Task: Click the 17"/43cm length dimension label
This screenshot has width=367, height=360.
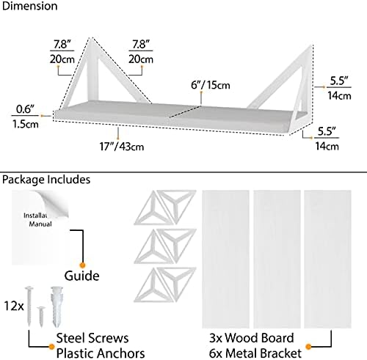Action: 122,147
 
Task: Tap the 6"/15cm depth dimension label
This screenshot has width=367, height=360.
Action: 211,85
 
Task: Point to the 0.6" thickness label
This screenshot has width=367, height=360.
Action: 25,109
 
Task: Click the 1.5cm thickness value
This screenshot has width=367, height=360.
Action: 26,124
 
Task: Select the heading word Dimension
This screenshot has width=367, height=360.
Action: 29,6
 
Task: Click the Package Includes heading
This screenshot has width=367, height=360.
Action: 46,180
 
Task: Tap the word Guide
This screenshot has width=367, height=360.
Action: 81,276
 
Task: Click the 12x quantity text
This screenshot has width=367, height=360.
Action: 14,306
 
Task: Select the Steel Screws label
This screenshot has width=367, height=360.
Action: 92,338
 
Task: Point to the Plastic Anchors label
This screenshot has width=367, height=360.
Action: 101,353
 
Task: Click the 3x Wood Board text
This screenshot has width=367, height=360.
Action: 252,338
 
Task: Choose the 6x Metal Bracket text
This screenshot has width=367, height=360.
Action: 255,353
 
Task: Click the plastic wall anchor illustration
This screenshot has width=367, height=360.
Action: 57,306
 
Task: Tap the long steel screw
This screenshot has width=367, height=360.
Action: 29,306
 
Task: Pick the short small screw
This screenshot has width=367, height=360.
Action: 41,317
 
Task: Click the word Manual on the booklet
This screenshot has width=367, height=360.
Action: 40,224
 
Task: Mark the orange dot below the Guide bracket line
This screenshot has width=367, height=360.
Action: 82,265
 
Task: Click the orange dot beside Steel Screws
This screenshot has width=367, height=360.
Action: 51,347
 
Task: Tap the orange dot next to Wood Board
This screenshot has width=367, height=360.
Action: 308,347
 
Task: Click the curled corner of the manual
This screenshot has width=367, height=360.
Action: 54,205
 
